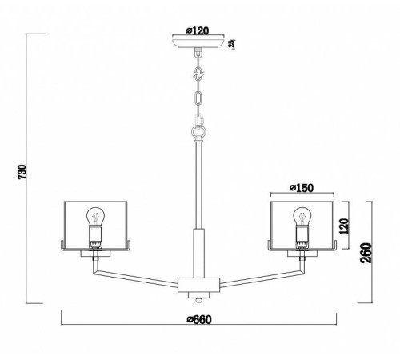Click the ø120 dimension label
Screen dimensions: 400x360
[x=198, y=31]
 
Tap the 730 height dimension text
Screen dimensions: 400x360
[x=22, y=172]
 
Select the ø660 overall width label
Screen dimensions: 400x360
[x=199, y=319]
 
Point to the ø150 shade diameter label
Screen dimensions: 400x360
[x=302, y=188]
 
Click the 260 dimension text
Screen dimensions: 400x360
[x=366, y=253]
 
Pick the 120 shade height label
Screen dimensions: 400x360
[x=344, y=226]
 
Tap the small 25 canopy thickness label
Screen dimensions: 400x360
[x=233, y=44]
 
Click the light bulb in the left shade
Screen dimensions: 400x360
[x=95, y=216]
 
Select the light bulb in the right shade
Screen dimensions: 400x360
[x=302, y=216]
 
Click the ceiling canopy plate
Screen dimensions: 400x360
[x=198, y=43]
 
